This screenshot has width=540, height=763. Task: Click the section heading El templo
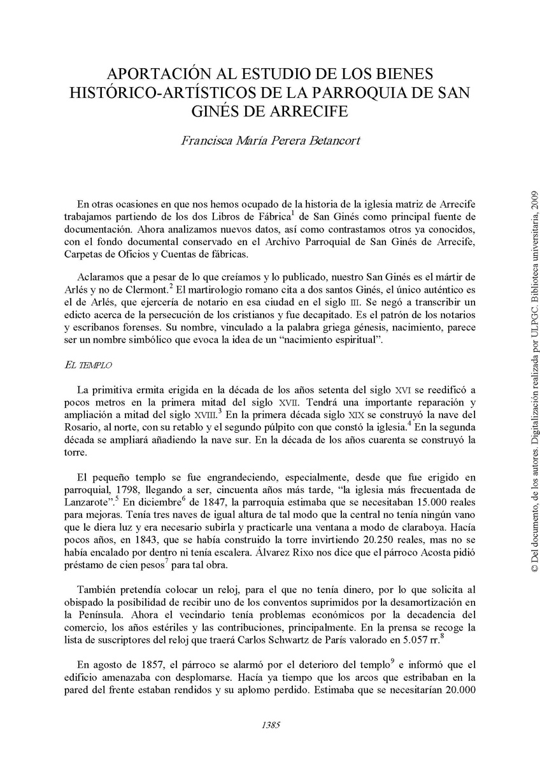point(89,365)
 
